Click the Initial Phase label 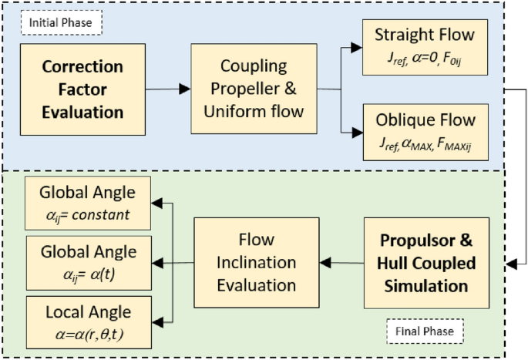(60, 23)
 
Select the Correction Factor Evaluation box (82, 89)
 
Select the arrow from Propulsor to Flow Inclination (342, 263)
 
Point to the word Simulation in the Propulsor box (426, 286)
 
